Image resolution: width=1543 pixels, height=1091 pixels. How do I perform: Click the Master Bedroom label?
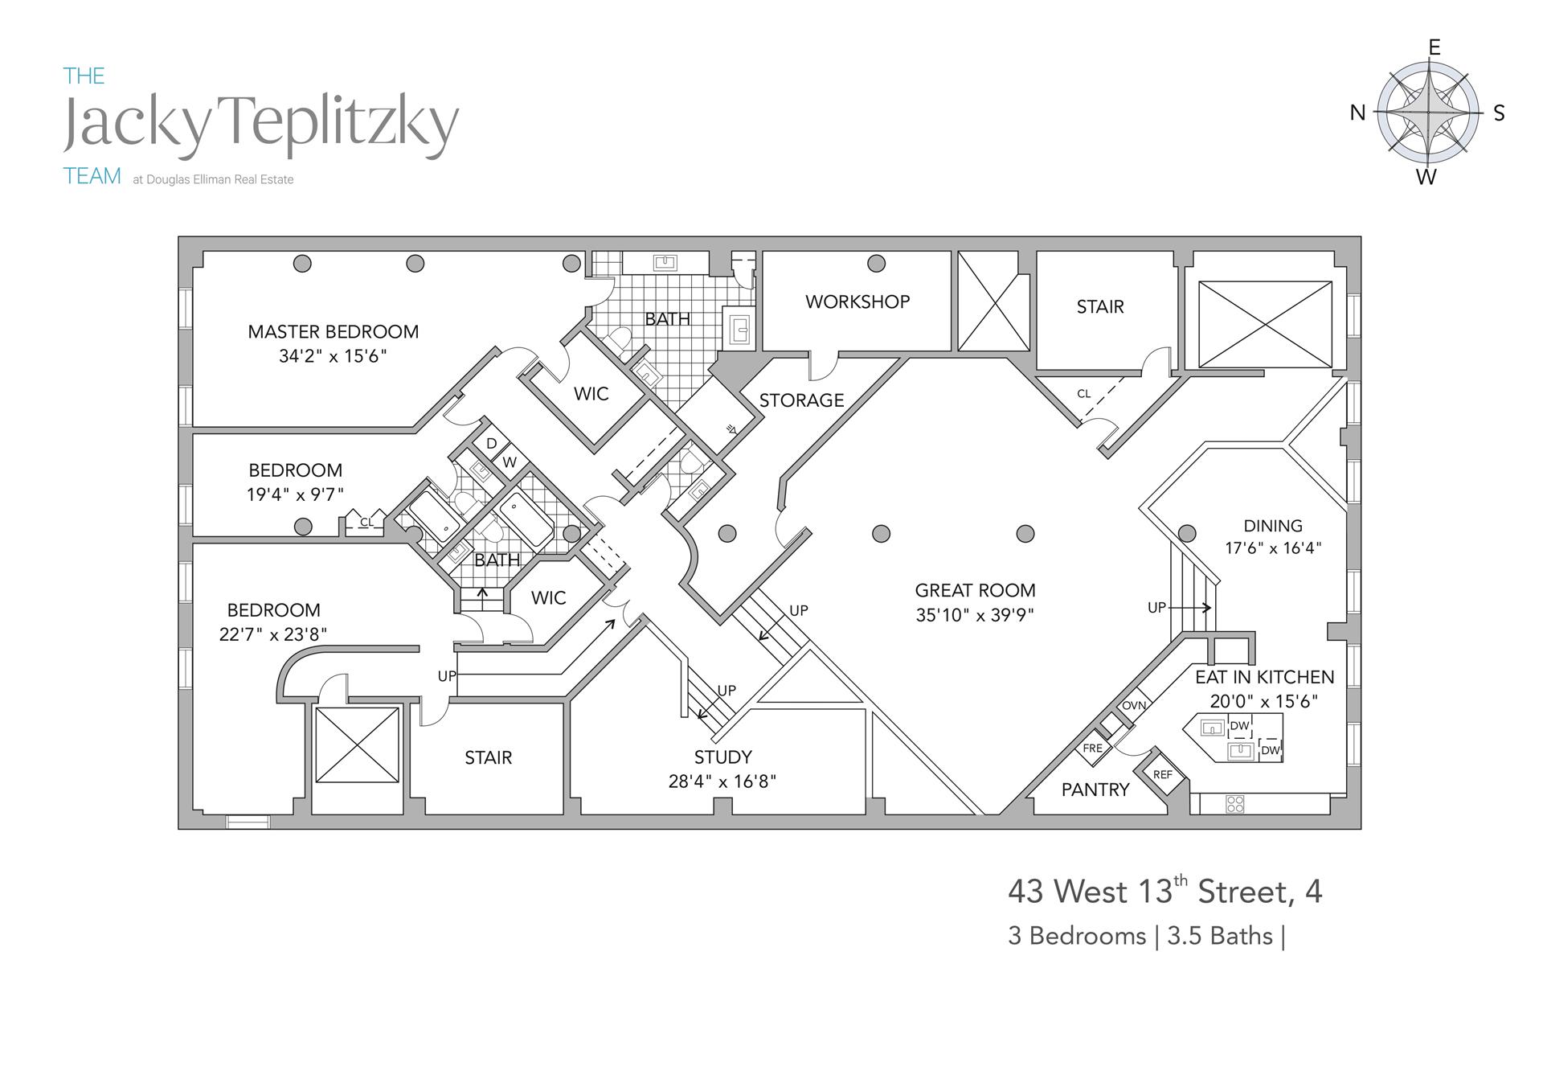(x=333, y=331)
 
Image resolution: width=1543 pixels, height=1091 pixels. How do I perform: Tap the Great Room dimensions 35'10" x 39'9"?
(x=974, y=615)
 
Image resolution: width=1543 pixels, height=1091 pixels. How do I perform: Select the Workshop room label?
(x=857, y=301)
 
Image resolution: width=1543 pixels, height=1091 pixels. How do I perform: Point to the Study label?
(x=722, y=757)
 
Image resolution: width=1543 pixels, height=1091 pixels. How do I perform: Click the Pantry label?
(x=1095, y=790)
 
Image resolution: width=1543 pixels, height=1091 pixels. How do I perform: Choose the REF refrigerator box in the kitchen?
(x=1163, y=775)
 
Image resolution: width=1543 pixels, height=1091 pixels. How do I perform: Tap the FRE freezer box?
(x=1093, y=749)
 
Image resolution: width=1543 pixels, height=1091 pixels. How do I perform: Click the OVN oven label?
(x=1134, y=706)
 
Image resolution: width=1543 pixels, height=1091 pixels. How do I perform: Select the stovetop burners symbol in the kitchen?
(x=1235, y=803)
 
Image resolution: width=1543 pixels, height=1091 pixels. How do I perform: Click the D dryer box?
(x=491, y=444)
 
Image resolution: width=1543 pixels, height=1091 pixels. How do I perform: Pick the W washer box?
(x=510, y=463)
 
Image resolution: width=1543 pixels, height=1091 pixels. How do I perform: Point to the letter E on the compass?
(x=1434, y=48)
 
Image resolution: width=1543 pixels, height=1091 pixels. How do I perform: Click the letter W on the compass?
(x=1426, y=177)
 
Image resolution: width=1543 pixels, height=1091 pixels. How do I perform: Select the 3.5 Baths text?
(x=1220, y=936)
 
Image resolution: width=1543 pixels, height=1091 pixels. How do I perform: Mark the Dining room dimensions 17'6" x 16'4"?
(x=1273, y=548)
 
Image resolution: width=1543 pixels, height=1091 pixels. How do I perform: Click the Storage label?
(x=801, y=400)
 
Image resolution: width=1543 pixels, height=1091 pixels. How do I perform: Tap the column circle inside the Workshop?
(x=877, y=264)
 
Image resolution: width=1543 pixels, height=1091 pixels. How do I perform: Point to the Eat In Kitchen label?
(x=1264, y=677)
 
